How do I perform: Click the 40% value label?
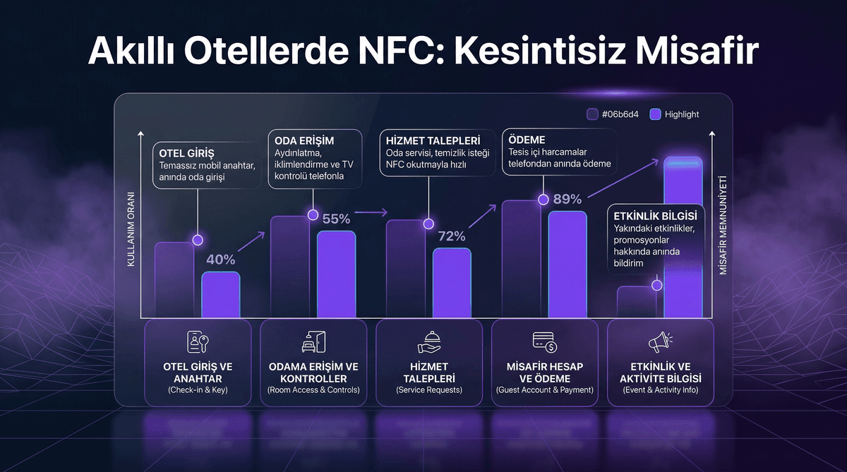pyautogui.click(x=220, y=260)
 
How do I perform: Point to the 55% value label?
pyautogui.click(x=336, y=219)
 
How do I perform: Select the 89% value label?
pyautogui.click(x=567, y=199)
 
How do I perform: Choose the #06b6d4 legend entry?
pyautogui.click(x=611, y=114)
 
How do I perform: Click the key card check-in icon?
pyautogui.click(x=198, y=342)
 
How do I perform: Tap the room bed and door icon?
pyautogui.click(x=313, y=342)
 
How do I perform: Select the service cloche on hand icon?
pyautogui.click(x=428, y=342)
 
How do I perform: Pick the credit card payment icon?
pyautogui.click(x=544, y=342)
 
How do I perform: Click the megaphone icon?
pyautogui.click(x=660, y=342)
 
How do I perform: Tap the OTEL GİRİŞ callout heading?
pyautogui.click(x=186, y=153)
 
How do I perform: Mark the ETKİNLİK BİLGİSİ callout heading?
pyautogui.click(x=656, y=216)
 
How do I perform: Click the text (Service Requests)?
pyautogui.click(x=428, y=389)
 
